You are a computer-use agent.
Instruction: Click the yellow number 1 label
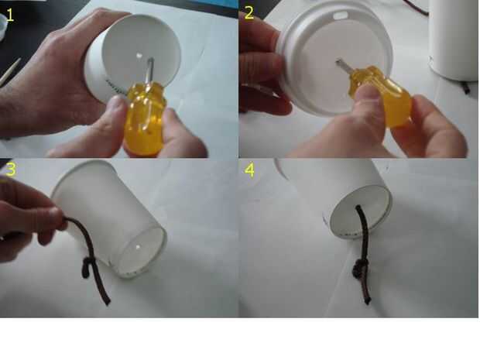click(10, 15)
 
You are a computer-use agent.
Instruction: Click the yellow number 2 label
click(249, 13)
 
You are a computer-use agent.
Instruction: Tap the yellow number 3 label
click(11, 170)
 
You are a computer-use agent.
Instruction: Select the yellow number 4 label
click(250, 170)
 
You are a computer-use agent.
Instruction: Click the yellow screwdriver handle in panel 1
click(144, 118)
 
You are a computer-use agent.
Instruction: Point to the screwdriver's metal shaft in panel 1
click(149, 71)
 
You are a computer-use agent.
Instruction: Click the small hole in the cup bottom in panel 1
click(139, 56)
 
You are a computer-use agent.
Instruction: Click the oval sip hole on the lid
click(341, 15)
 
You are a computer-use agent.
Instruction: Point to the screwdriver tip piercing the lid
click(338, 61)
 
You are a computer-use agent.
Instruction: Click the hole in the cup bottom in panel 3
click(139, 247)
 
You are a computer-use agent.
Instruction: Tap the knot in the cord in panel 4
click(358, 269)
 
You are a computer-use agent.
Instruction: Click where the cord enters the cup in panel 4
click(358, 208)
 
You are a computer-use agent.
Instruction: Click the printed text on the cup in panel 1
click(115, 87)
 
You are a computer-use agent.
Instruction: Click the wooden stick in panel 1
click(10, 72)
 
